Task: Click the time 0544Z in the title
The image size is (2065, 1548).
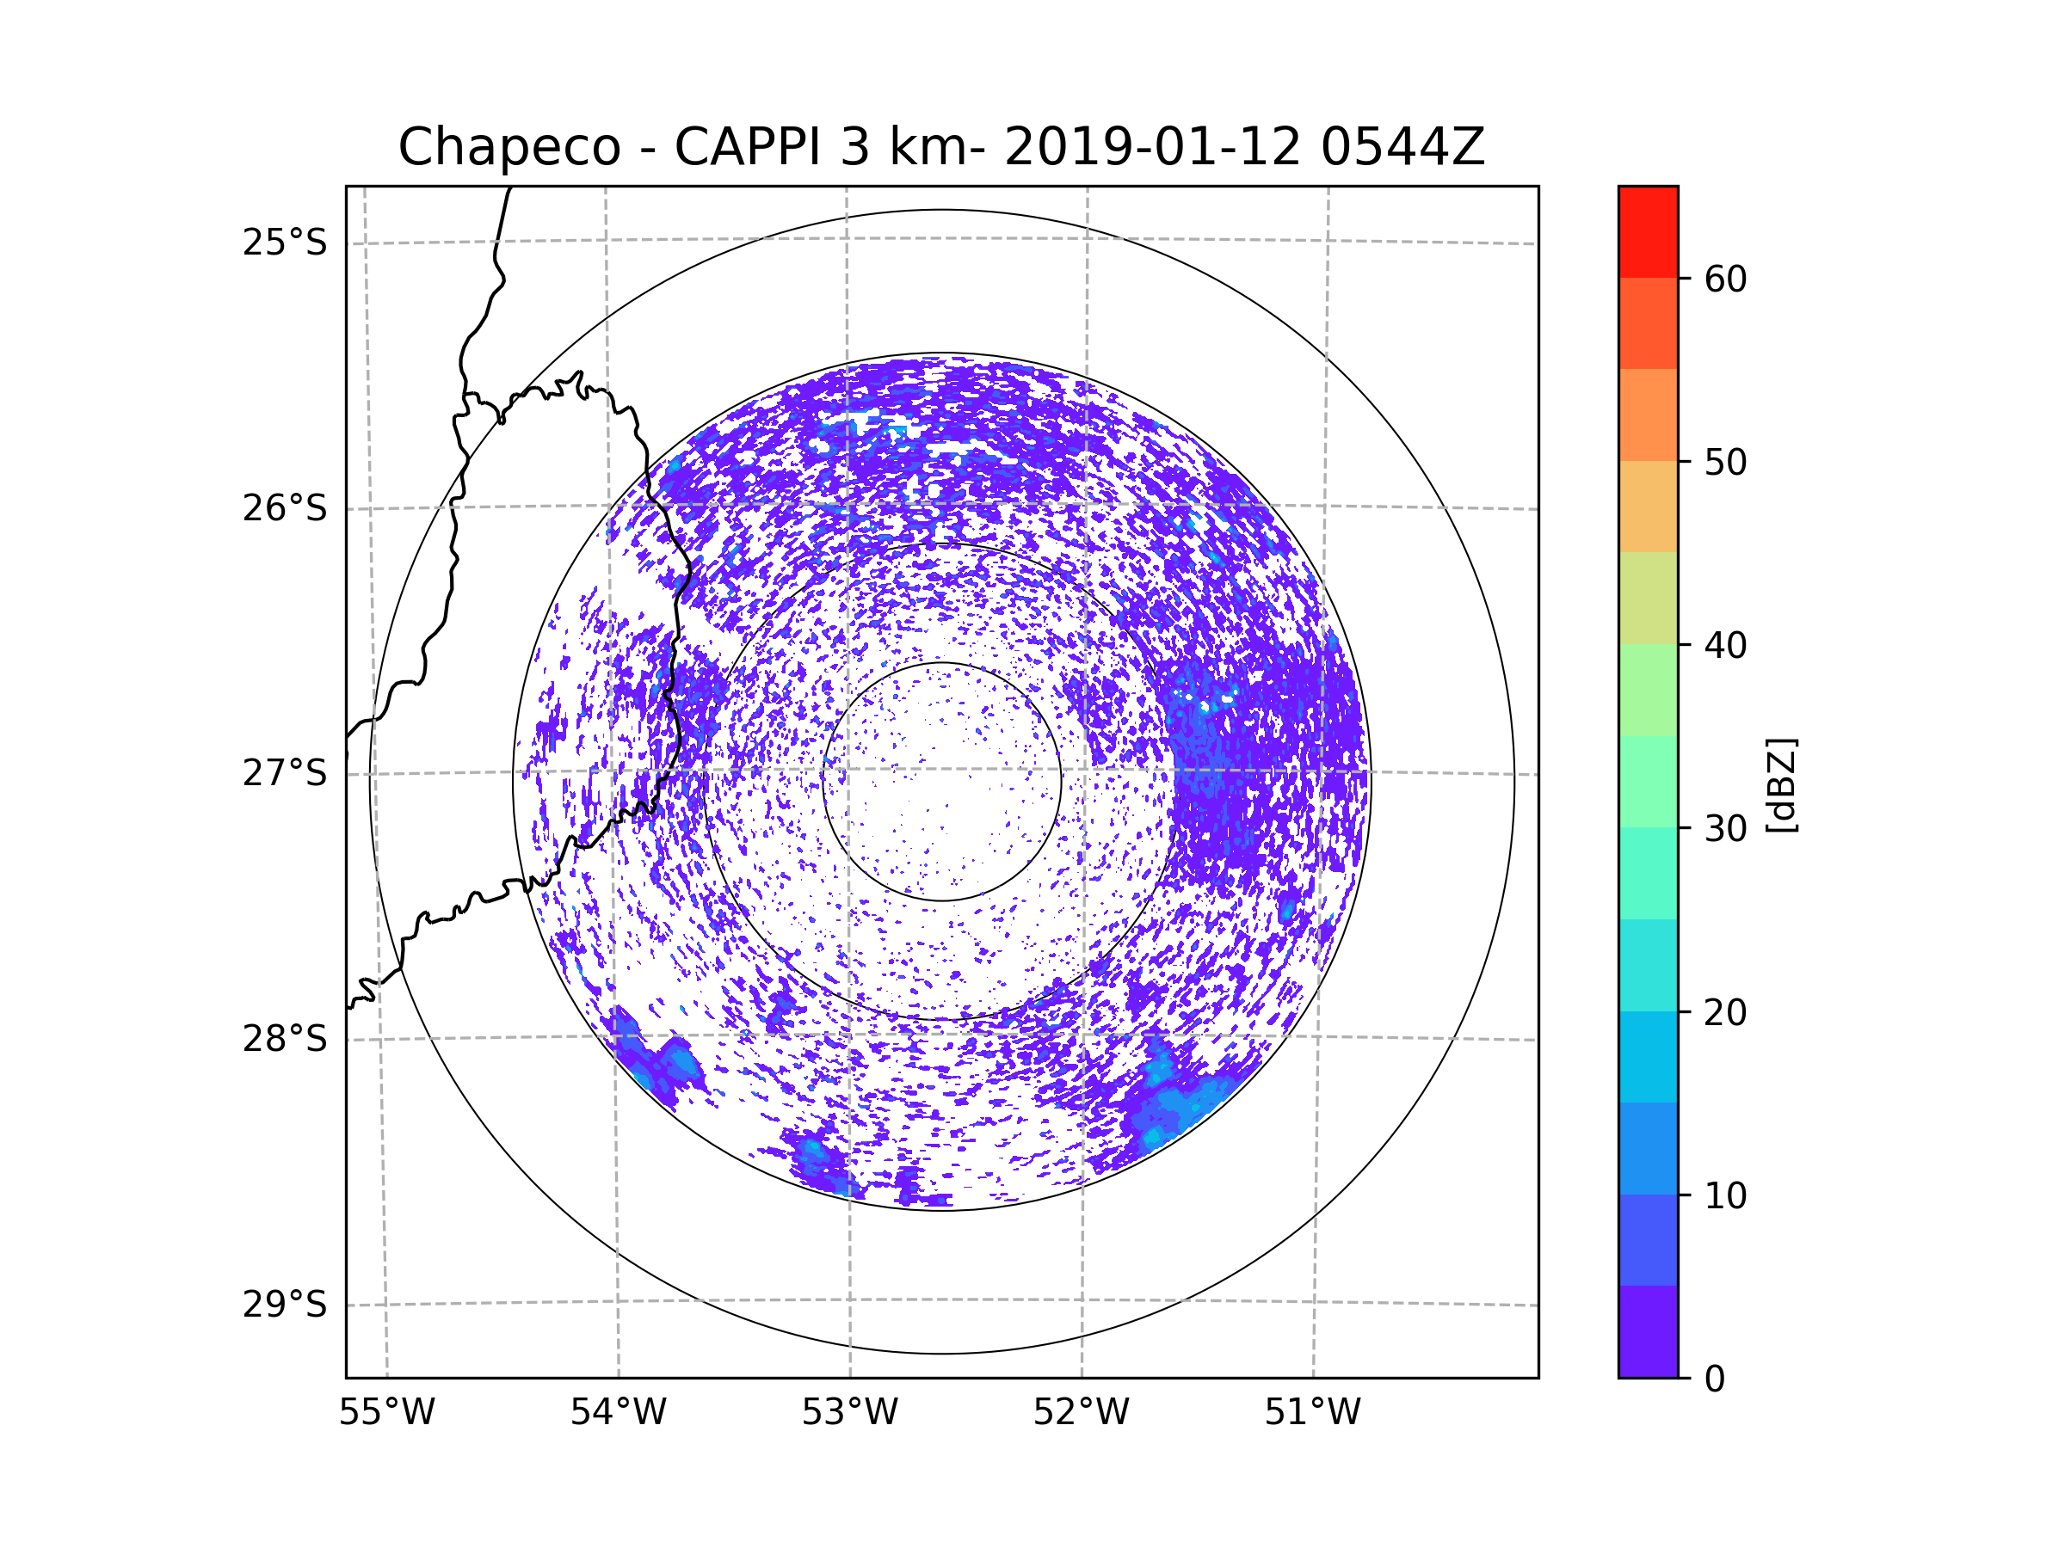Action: pos(1402,147)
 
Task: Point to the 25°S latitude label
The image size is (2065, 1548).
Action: pos(285,243)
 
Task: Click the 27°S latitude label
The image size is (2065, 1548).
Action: pos(285,773)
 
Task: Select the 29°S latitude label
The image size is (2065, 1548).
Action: pos(285,1305)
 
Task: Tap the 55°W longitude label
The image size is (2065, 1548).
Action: pos(386,1412)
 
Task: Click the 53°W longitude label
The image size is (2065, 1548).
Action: pos(849,1412)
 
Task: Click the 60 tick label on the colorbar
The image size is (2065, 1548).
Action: pos(1725,279)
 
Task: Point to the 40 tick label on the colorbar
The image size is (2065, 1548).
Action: pos(1725,645)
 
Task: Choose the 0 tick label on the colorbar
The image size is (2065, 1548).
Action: pos(1715,1379)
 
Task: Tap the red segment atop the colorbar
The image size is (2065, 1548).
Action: pos(1648,231)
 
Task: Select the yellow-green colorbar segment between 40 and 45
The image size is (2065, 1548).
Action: pos(1648,598)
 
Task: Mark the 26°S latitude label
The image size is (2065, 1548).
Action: pos(285,508)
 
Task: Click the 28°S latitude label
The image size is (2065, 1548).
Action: pos(285,1039)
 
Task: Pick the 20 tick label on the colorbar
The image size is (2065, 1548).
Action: pos(1725,1012)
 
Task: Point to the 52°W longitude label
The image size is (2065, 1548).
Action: pos(1081,1412)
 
